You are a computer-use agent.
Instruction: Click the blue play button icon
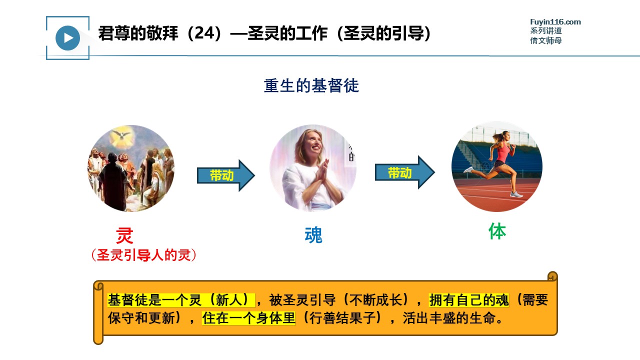[x=67, y=38]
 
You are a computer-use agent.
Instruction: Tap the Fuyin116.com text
[x=555, y=22]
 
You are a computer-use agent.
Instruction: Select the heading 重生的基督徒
[x=311, y=85]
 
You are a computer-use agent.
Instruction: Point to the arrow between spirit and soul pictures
[x=225, y=175]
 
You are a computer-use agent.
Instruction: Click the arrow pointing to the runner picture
[x=405, y=172]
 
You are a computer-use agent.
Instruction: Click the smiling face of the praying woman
[x=313, y=143]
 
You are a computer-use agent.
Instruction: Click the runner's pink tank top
[x=503, y=152]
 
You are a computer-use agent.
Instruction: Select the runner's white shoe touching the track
[x=516, y=194]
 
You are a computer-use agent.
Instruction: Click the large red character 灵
[x=124, y=235]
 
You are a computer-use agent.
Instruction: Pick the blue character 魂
[x=313, y=235]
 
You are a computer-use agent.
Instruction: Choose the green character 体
[x=497, y=231]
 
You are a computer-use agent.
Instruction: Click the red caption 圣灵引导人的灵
[x=143, y=255]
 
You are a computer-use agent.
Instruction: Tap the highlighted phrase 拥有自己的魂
[x=469, y=300]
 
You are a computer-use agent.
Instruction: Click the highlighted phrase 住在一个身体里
[x=248, y=318]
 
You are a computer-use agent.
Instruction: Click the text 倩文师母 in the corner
[x=546, y=40]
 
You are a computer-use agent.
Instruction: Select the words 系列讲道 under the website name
[x=546, y=30]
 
